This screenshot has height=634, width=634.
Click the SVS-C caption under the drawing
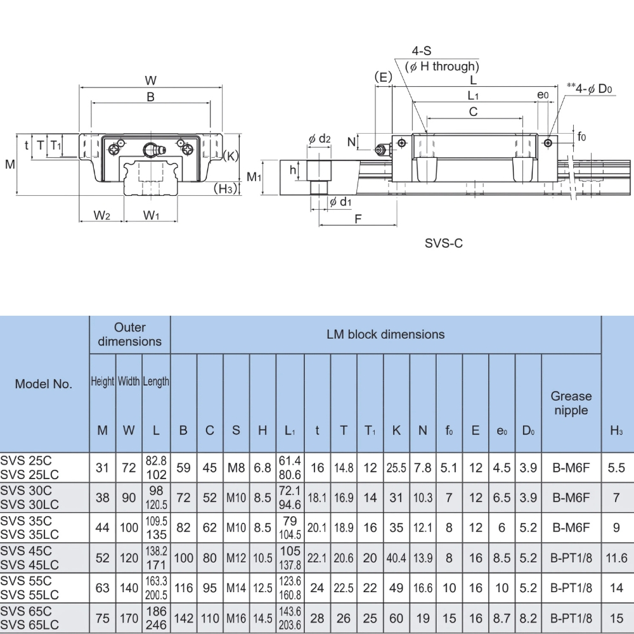click(444, 243)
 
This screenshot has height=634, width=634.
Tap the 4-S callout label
click(421, 52)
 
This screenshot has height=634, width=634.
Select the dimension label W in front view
click(150, 81)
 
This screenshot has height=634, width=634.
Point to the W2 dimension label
click(102, 215)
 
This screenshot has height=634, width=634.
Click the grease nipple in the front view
click(153, 150)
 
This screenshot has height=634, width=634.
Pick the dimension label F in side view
click(358, 219)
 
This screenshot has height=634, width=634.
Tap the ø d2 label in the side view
click(320, 139)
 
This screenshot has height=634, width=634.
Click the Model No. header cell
click(44, 384)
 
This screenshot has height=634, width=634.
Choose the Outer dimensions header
click(130, 334)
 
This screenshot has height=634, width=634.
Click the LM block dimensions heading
click(385, 334)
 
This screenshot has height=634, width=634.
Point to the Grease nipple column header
click(571, 403)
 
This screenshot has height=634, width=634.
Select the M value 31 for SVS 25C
click(102, 468)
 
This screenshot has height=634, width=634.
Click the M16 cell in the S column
click(236, 618)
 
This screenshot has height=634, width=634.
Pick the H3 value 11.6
click(616, 558)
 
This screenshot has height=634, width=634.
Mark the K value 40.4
click(396, 558)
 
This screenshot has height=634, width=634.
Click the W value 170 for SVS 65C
click(129, 618)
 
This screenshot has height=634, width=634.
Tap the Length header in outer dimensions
click(156, 382)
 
